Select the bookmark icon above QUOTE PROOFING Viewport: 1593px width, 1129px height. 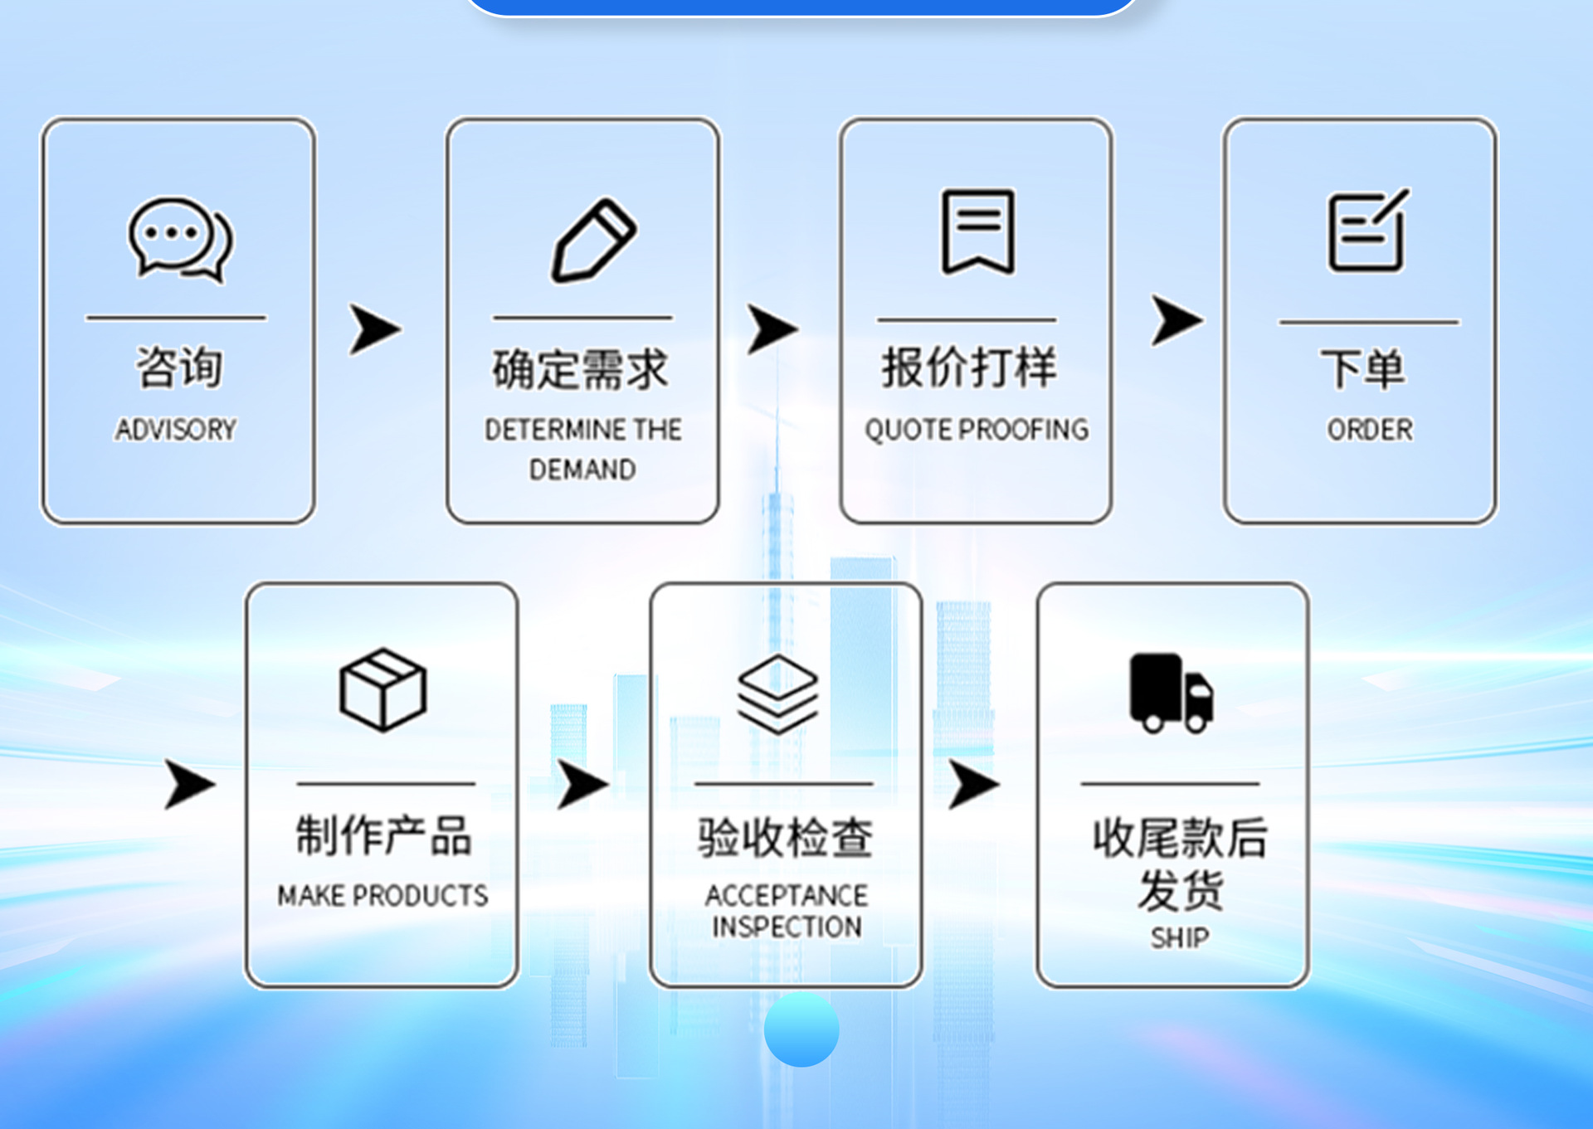(x=977, y=231)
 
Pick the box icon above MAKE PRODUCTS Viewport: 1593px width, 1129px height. (x=382, y=689)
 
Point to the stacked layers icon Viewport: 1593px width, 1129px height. (x=777, y=693)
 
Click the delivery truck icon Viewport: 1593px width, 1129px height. (x=1171, y=693)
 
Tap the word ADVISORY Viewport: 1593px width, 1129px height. (x=176, y=430)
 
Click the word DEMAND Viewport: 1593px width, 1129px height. (x=582, y=470)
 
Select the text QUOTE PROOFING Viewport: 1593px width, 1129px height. (x=977, y=430)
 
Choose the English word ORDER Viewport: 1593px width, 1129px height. (x=1369, y=430)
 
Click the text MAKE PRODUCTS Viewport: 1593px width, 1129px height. (x=382, y=896)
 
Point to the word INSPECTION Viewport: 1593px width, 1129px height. (x=787, y=927)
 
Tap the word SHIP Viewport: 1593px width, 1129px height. (x=1179, y=938)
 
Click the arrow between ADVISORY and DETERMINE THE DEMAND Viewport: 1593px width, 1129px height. (x=375, y=329)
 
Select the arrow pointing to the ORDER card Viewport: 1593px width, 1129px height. (x=1176, y=320)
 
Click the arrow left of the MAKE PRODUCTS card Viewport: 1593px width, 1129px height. (x=189, y=784)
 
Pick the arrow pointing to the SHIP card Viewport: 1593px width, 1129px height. (x=973, y=784)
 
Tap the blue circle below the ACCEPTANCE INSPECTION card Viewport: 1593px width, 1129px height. (x=801, y=1029)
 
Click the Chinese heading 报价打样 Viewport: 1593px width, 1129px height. (x=969, y=367)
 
